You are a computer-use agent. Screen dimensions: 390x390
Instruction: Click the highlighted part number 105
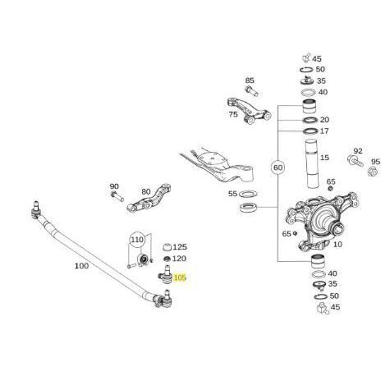180,277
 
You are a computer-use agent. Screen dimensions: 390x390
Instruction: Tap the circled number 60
278,167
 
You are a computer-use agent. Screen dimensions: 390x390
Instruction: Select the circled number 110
137,240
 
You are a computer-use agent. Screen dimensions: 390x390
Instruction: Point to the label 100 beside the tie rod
81,266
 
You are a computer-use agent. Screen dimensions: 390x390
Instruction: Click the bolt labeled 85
252,91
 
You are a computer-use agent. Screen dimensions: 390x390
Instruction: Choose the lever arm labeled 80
149,198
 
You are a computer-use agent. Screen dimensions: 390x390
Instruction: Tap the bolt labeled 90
117,196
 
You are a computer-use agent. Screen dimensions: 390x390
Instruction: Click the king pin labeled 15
312,164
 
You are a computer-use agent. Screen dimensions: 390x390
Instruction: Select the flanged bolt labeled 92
355,160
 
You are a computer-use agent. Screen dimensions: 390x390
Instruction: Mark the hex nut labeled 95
373,171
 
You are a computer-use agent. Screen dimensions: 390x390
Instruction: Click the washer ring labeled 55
248,193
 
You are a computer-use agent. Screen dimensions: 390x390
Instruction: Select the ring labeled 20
310,120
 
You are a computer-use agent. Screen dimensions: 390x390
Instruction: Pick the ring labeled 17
310,131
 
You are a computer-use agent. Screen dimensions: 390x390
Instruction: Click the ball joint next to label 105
165,275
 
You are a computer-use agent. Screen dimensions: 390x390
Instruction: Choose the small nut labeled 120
166,259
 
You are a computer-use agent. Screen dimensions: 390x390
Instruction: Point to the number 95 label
376,162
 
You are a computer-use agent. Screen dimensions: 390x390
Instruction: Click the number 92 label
358,151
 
